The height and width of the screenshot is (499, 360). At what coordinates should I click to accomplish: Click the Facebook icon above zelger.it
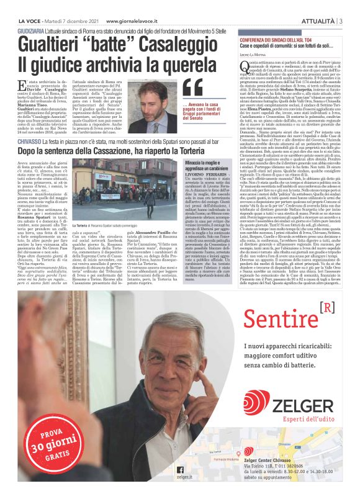point(180,470)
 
